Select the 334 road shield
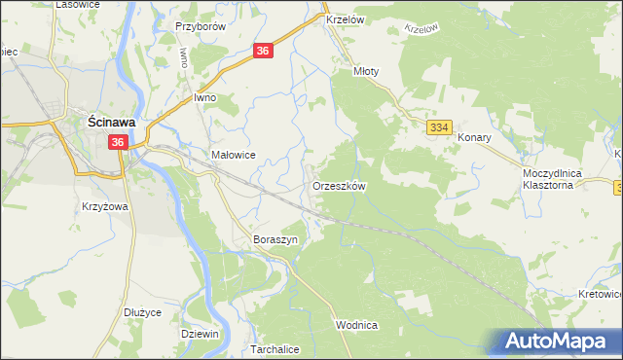439,127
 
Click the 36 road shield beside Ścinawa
118,142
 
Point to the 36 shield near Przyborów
264,51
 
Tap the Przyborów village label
201,27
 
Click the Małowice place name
233,155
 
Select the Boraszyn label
274,239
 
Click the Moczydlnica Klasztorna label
552,177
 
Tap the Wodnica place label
355,325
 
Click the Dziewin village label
200,334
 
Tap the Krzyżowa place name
106,207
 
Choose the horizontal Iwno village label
204,98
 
